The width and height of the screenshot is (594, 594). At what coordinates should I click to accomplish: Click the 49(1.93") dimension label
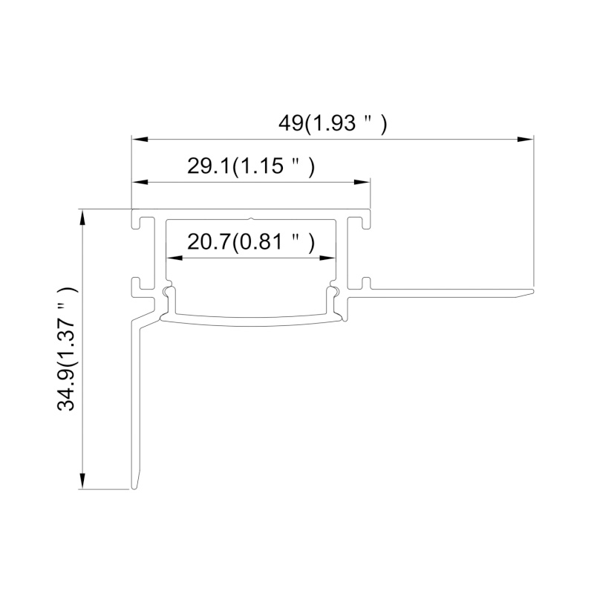tap(333, 123)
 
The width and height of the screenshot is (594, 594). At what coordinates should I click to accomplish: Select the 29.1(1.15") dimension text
tap(251, 166)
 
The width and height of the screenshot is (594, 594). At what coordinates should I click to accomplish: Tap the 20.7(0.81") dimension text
tap(251, 241)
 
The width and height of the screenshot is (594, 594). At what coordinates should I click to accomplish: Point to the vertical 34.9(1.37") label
tap(67, 348)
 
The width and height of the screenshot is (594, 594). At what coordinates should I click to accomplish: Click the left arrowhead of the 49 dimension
tap(140, 140)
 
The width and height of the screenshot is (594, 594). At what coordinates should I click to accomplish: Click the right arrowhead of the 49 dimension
tap(526, 140)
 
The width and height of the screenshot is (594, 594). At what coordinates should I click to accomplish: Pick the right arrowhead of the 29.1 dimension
tap(362, 182)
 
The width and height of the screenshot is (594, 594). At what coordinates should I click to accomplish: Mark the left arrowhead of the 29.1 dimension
tap(140, 182)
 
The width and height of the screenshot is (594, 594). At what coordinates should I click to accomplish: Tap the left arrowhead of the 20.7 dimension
tap(174, 258)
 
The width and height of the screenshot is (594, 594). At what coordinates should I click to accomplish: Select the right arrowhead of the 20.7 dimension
tap(327, 258)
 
